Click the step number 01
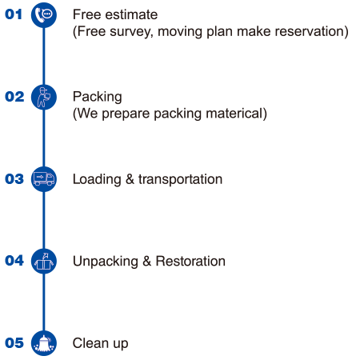[x=14, y=14]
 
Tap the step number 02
[x=14, y=97]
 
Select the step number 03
[x=14, y=178]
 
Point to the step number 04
[x=14, y=261]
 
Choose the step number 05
[x=14, y=342]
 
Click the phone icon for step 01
[x=44, y=15]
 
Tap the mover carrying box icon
[x=44, y=97]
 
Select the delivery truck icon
[x=44, y=179]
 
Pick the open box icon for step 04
[x=44, y=261]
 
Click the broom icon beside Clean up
[x=44, y=343]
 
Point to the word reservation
[x=310, y=31]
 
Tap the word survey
[x=131, y=32]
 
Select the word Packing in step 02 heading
[x=98, y=97]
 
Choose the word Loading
[x=97, y=179]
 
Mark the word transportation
[x=180, y=179]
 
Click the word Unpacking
[x=106, y=262]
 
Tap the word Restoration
[x=190, y=261]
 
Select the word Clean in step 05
[x=90, y=343]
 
